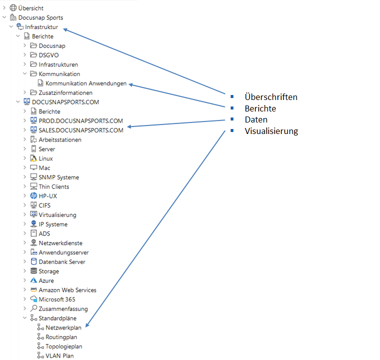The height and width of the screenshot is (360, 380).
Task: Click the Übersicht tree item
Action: pos(31,8)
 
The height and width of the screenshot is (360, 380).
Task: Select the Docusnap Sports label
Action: pos(41,17)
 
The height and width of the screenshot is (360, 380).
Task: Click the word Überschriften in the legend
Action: pos(271,97)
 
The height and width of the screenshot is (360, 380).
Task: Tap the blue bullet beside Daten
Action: pos(232,119)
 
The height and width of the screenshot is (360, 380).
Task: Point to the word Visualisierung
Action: pos(272,131)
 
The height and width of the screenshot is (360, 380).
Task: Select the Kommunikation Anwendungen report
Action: pos(86,83)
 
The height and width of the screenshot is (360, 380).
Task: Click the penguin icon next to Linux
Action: pos(33,158)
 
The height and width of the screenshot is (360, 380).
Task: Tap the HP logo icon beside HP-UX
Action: pos(33,196)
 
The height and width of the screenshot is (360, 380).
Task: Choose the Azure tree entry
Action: pos(46,280)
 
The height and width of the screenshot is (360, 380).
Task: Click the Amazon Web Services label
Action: pos(67,290)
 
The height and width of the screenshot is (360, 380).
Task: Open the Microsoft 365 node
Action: pos(57,299)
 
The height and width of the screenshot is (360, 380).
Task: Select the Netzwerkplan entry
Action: pos(63,327)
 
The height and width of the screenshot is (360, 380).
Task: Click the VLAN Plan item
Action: pos(59,356)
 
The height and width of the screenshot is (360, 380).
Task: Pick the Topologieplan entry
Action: pos(64,346)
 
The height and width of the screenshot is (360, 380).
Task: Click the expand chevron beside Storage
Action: pos(24,271)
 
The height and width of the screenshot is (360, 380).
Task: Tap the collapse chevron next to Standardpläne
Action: pos(25,318)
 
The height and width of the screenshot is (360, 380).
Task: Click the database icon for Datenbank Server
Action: pos(33,262)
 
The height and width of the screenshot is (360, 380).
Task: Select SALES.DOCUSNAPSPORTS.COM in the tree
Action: pos(81,130)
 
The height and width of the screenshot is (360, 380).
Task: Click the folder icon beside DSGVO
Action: pos(33,55)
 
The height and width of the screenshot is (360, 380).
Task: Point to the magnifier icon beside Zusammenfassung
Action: pos(33,308)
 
